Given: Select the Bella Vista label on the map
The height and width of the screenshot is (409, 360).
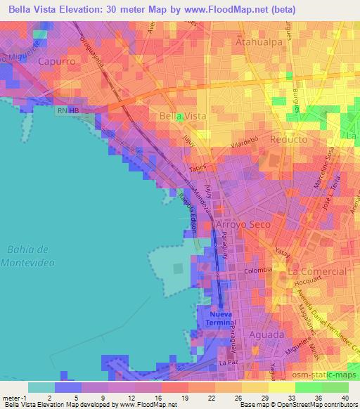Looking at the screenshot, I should (x=182, y=115).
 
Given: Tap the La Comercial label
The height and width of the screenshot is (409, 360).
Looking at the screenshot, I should (x=318, y=271).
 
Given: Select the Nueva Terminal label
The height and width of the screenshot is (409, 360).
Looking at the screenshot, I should (x=224, y=318).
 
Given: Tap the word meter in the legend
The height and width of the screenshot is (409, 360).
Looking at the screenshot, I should (x=12, y=397).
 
